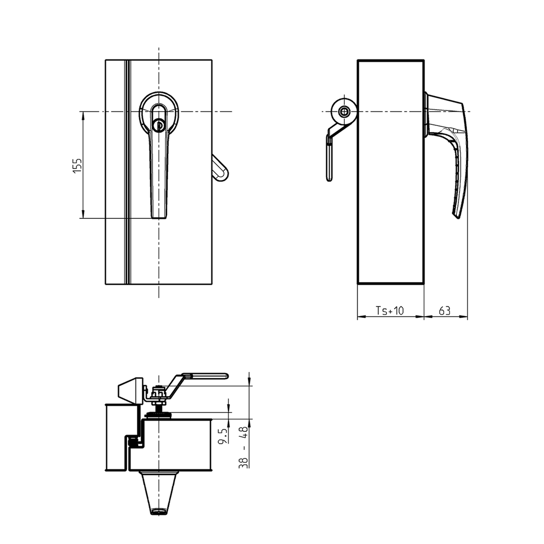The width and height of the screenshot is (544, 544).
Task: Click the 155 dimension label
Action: click(78, 165)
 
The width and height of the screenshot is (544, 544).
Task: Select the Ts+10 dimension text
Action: click(390, 311)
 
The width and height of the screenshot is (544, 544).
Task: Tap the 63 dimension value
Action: click(445, 311)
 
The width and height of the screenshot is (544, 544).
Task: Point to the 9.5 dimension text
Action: click(223, 435)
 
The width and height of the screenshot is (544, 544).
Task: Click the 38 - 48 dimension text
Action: click(244, 447)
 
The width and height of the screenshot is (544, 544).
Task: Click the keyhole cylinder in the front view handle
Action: click(158, 125)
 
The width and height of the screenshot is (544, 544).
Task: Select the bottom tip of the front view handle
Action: click(159, 215)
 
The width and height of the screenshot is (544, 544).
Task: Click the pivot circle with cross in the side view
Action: click(344, 112)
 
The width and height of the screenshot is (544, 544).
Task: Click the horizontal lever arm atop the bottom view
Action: click(205, 376)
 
